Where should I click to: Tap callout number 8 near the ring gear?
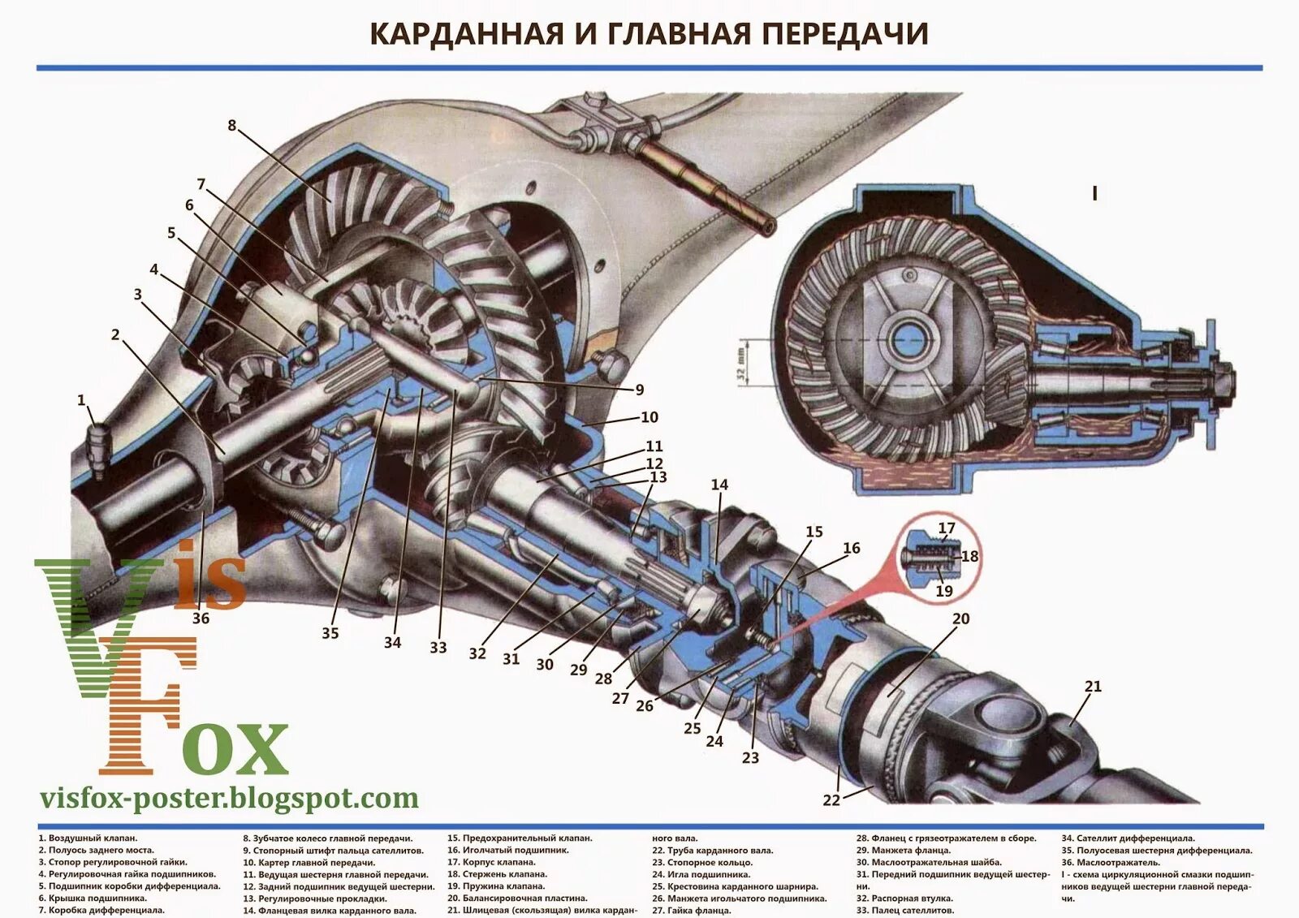click(232, 125)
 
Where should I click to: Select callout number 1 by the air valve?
click(81, 400)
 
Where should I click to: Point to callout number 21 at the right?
click(1093, 687)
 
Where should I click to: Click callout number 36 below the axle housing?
click(201, 618)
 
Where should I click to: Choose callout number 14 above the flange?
click(719, 485)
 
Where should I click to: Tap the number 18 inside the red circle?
click(969, 557)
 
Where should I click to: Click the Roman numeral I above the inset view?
click(1095, 194)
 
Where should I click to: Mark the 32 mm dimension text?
click(740, 364)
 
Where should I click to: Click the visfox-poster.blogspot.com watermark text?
click(229, 798)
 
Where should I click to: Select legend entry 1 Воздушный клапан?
click(88, 838)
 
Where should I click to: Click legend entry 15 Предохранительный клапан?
click(520, 838)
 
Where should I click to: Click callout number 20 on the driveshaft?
click(960, 618)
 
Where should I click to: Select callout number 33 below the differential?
click(438, 648)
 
